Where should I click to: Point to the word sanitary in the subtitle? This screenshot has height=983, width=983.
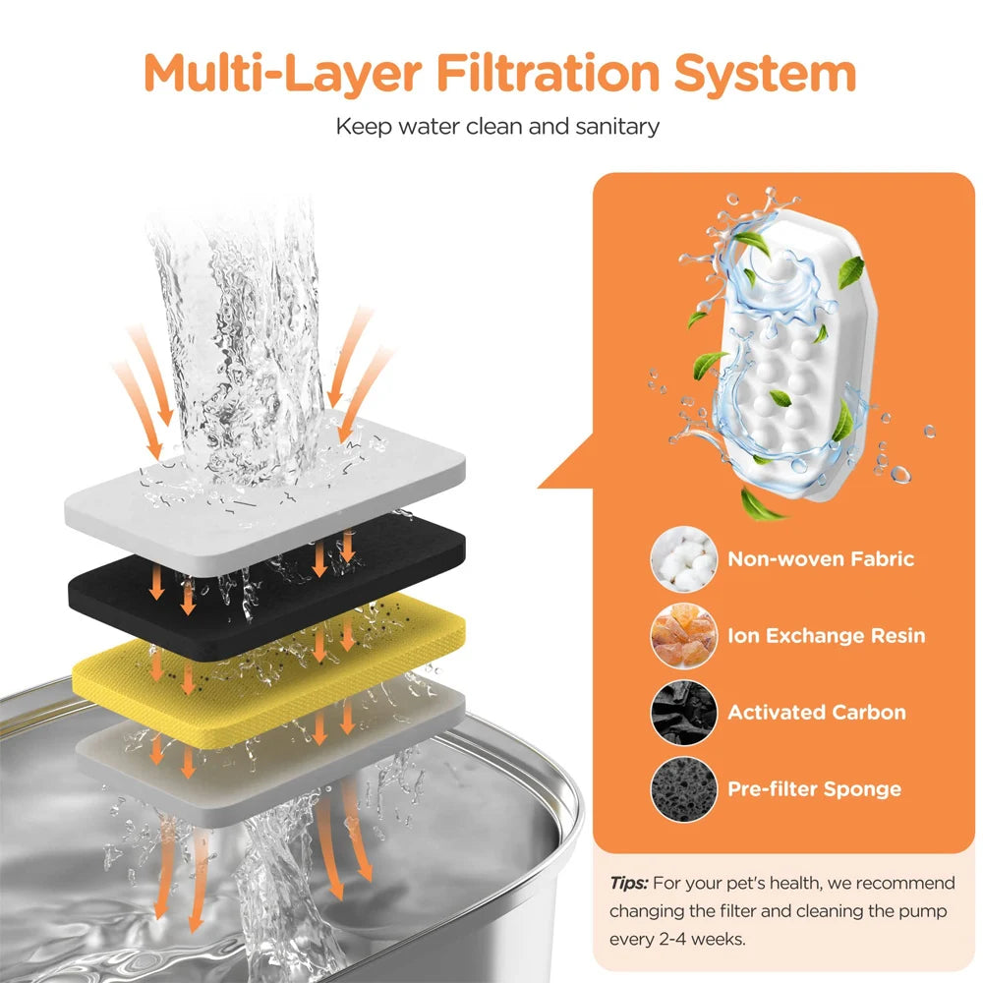617,127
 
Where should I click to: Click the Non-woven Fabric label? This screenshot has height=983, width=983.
821,558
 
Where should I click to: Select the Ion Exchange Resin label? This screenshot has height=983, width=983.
827,635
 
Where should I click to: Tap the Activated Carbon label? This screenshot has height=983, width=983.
816,712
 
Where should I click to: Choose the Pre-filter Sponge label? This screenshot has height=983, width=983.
814,788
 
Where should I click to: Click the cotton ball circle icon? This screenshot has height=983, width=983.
684,559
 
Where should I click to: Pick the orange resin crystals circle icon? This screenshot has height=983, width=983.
684,636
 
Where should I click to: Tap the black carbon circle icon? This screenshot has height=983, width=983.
684,713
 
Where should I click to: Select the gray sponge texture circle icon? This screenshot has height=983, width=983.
684,789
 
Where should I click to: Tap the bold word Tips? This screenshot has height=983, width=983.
629,883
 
